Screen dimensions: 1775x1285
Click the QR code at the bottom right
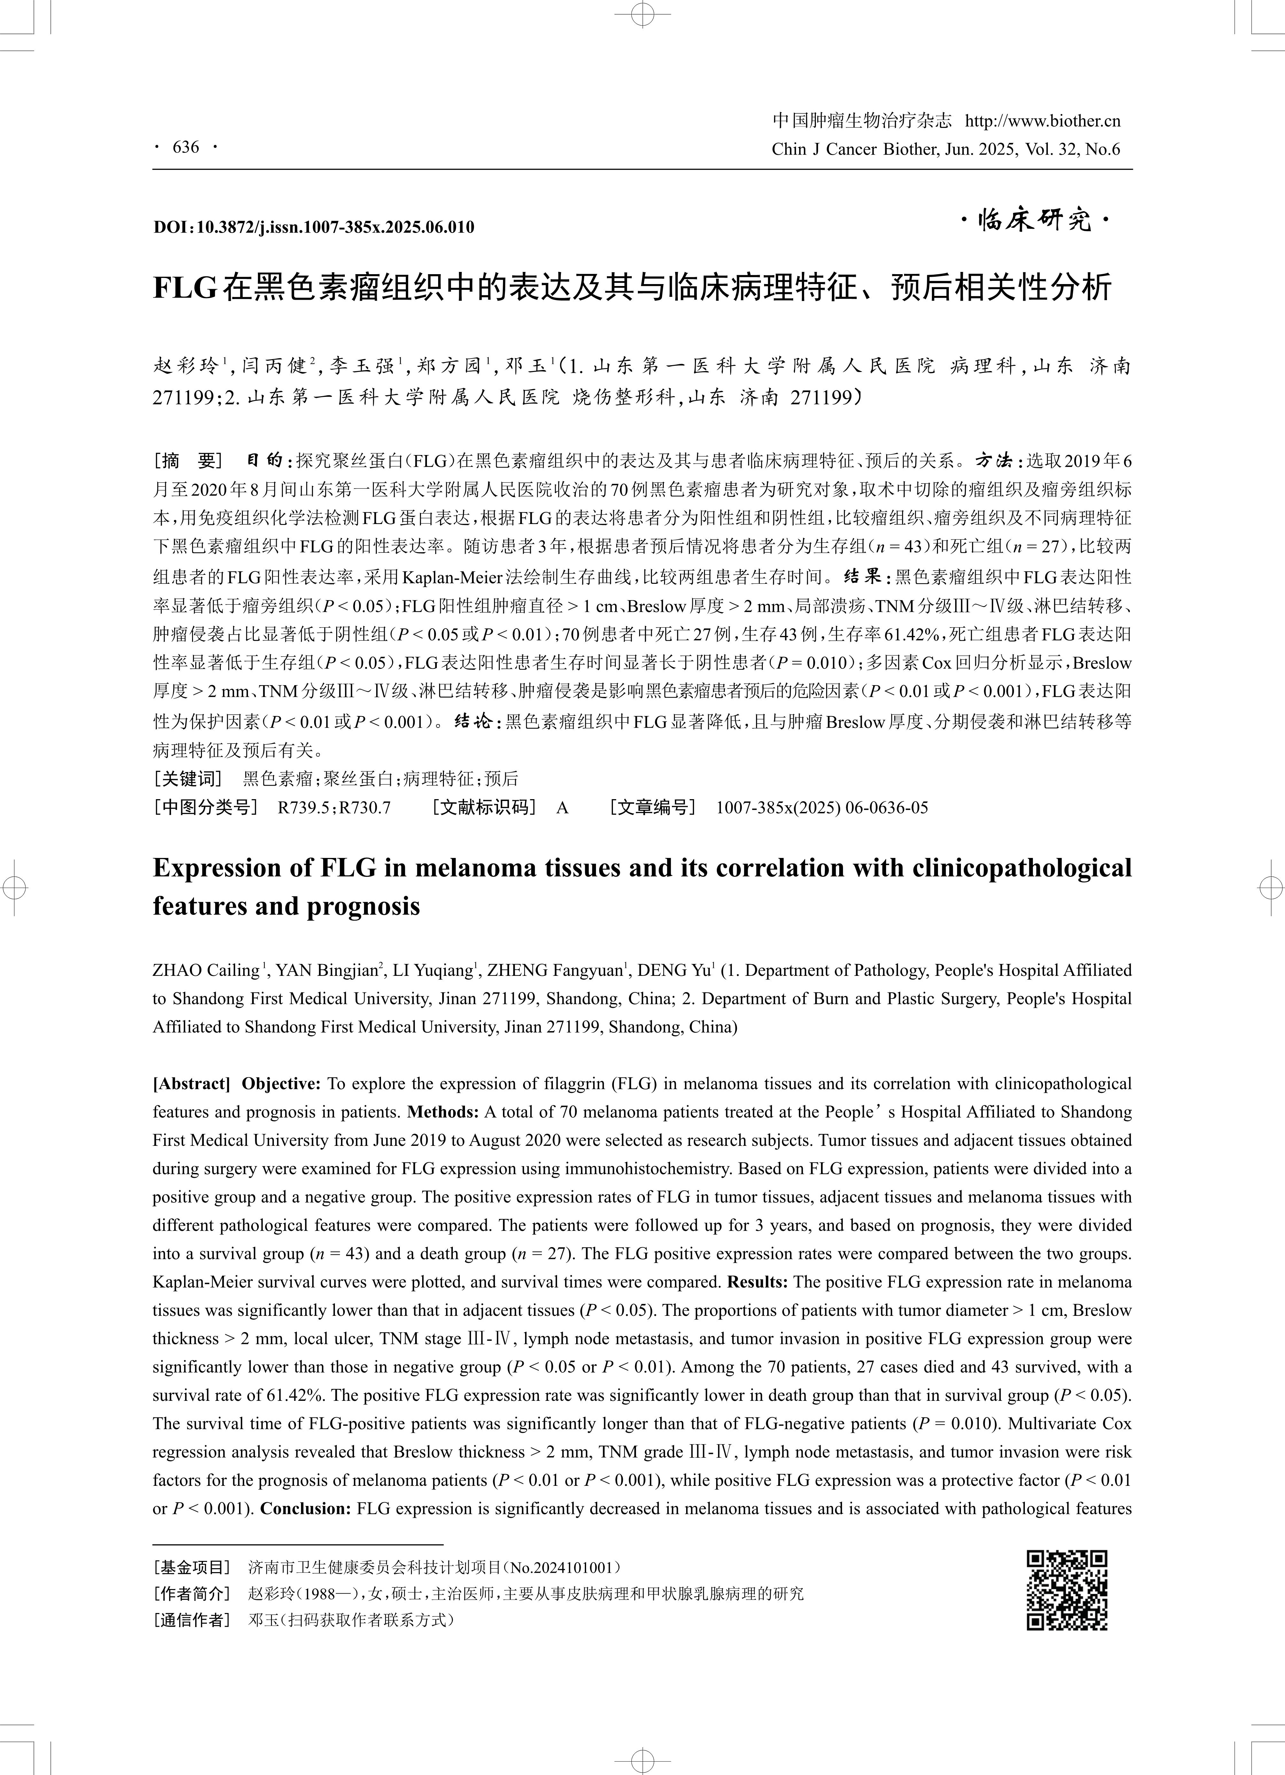point(1067,1590)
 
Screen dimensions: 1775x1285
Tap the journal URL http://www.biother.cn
point(1042,120)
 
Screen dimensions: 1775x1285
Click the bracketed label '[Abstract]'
point(191,1084)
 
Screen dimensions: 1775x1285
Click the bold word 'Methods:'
point(443,1112)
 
